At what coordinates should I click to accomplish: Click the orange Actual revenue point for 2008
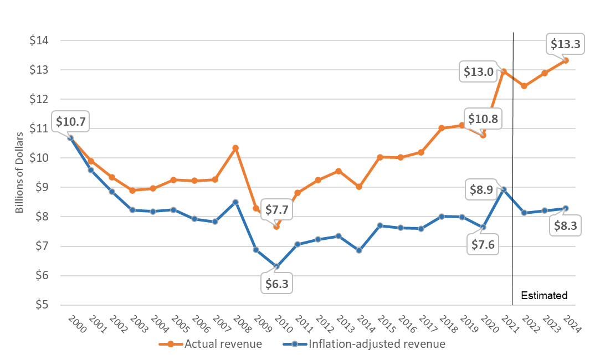(x=235, y=148)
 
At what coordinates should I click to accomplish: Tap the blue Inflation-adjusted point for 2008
(x=235, y=202)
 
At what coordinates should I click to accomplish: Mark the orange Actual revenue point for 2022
(x=524, y=86)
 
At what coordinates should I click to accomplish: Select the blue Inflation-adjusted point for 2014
(x=359, y=250)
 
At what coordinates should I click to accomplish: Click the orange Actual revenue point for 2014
(x=359, y=187)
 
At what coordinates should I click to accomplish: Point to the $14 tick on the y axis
(x=43, y=40)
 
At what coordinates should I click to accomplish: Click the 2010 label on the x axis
(x=277, y=324)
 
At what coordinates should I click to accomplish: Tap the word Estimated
(x=545, y=295)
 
